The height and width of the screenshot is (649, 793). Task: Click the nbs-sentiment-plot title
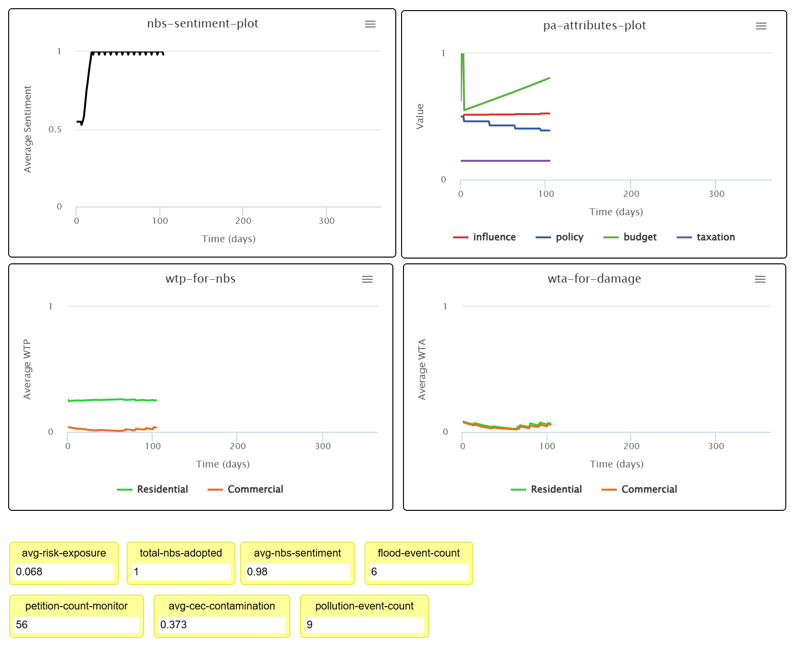(202, 24)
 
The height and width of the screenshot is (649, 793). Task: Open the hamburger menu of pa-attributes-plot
(761, 26)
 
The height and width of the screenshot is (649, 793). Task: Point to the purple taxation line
(506, 161)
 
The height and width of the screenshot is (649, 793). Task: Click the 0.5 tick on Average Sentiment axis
(55, 130)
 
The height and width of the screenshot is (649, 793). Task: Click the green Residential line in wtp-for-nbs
(111, 400)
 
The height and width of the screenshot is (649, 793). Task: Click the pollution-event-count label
(364, 606)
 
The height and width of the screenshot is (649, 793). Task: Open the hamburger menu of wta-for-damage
(760, 279)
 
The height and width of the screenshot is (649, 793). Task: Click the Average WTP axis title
(27, 369)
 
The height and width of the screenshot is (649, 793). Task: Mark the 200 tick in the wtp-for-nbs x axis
(237, 446)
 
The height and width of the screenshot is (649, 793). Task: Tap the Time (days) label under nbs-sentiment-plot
(228, 239)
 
